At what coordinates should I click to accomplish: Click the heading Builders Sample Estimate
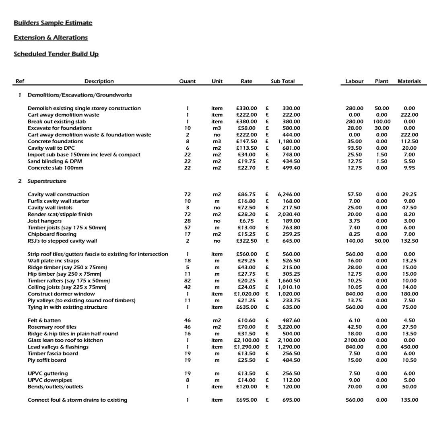coord(53,23)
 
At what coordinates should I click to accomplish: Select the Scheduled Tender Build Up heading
coord(56,54)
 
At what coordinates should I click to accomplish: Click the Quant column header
coord(187,81)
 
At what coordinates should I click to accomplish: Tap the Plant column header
coord(381,81)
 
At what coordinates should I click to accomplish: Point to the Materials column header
coord(409,81)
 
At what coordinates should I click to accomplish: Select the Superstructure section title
coord(47,181)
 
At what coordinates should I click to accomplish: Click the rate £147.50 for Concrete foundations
coord(246,141)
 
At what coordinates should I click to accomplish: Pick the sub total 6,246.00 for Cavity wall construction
coord(289,194)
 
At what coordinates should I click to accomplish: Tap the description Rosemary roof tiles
coord(52,327)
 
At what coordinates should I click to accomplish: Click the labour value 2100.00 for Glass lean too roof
coord(354,340)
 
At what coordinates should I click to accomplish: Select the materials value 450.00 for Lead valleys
coord(409,347)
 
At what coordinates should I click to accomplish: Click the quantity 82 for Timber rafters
coord(187,281)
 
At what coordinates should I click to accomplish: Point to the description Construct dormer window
coord(62,294)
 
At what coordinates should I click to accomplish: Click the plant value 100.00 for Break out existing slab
coord(382,122)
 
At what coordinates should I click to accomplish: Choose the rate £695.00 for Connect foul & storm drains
coord(246,400)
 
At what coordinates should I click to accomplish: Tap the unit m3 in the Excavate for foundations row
coord(217,128)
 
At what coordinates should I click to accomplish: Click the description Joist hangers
coord(45,221)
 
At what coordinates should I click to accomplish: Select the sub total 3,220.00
coord(289,327)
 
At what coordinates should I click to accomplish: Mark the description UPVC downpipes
coord(50,380)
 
